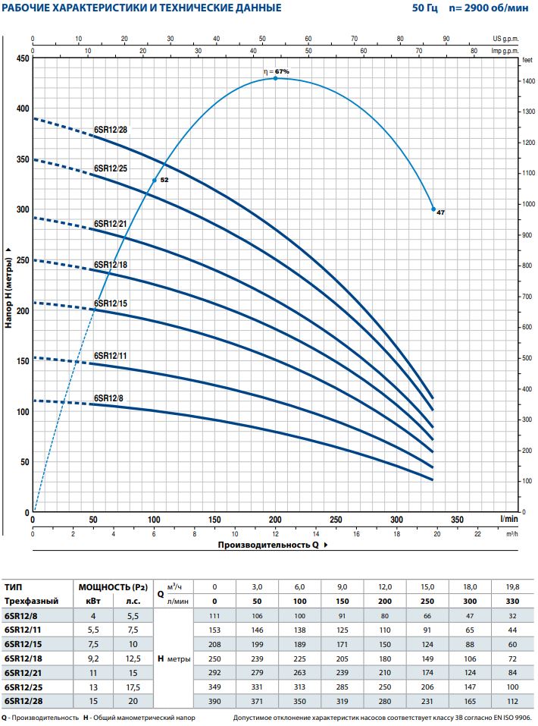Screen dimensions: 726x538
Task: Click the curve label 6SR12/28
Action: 111,129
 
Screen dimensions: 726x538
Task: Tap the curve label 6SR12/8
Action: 108,398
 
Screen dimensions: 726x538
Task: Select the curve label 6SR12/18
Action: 111,265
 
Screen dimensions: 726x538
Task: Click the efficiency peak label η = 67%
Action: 277,71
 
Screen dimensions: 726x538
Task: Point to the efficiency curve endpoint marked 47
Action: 433,209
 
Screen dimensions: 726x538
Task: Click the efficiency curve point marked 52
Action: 155,180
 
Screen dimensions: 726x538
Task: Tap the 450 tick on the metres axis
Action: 22,58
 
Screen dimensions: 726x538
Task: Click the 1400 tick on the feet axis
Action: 527,80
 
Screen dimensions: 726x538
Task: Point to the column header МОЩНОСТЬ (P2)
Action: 111,586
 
